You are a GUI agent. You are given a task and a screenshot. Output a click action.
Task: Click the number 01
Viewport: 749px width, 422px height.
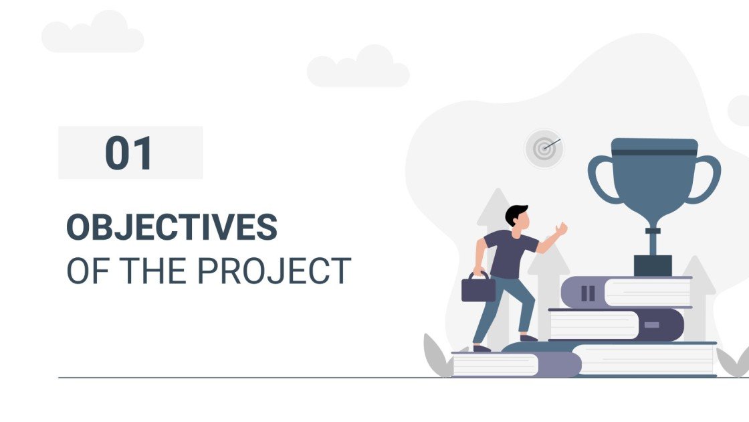[x=129, y=153]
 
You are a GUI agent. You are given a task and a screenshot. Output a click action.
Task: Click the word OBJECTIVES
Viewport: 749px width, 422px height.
[x=171, y=228]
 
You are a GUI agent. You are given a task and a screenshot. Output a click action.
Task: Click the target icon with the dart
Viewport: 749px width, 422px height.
[x=544, y=148]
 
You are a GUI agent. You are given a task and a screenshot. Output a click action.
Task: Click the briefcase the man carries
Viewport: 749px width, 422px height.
[x=479, y=288]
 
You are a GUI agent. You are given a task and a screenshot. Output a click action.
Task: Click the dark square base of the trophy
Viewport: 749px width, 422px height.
[x=652, y=265]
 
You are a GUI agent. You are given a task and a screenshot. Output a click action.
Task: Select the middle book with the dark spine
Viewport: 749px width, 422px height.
[x=615, y=325]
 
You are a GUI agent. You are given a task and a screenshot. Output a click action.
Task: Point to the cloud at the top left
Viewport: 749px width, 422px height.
[x=93, y=35]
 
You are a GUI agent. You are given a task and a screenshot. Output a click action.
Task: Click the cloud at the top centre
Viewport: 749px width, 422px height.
[x=358, y=68]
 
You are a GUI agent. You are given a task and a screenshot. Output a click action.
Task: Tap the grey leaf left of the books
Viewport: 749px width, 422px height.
[x=436, y=355]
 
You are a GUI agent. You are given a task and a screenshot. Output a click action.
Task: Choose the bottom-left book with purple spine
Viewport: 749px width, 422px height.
[x=515, y=364]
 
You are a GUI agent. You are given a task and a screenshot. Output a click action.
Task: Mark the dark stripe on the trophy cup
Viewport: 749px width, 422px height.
[x=654, y=152]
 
